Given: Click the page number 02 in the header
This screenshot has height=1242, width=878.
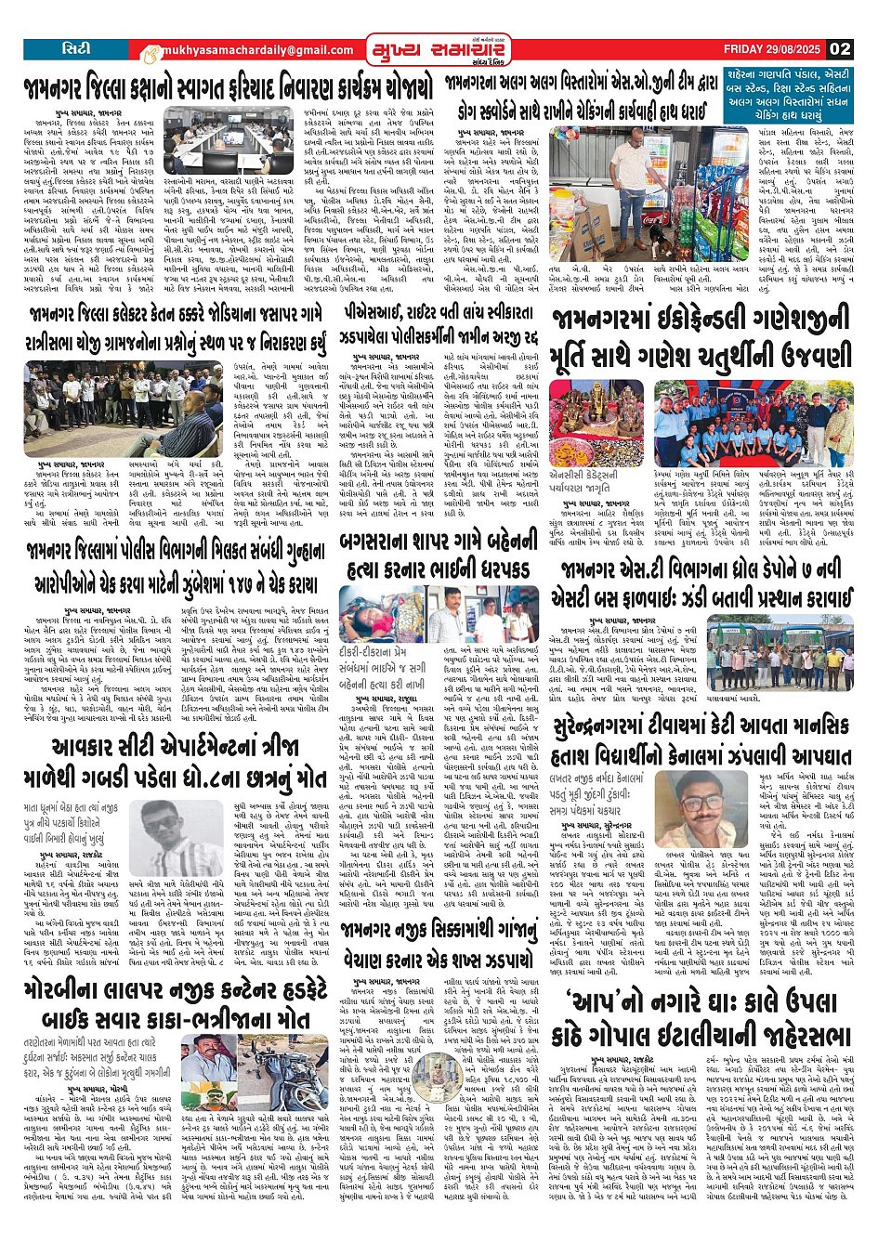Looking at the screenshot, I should click(x=841, y=49).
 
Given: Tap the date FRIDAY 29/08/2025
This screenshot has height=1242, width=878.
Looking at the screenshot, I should click(x=774, y=49).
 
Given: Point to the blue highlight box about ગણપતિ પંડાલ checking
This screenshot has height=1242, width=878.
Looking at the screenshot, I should click(x=788, y=94).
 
